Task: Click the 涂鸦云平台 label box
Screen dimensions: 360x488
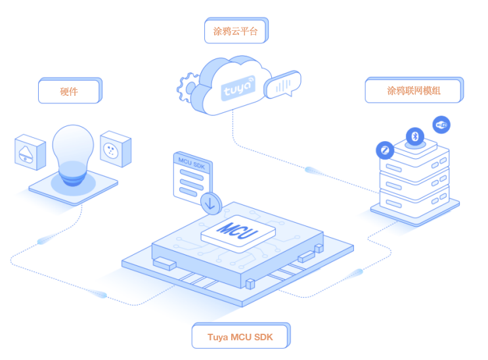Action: [x=236, y=30]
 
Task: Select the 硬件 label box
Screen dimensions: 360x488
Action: [x=69, y=91]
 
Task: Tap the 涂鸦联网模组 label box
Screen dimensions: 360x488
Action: [x=413, y=90]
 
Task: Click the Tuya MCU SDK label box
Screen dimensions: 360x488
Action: [x=239, y=337]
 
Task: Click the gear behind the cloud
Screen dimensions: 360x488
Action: [x=187, y=88]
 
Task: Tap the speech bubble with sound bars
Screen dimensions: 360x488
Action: [x=283, y=85]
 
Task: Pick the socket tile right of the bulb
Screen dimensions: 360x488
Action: [x=115, y=149]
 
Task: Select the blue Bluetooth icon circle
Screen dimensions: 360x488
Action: [x=414, y=136]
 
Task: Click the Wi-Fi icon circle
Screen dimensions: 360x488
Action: [x=442, y=124]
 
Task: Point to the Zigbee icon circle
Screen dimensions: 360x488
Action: [x=384, y=150]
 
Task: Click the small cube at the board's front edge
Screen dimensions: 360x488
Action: [x=250, y=284]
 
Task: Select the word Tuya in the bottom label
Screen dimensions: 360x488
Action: [x=218, y=337]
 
